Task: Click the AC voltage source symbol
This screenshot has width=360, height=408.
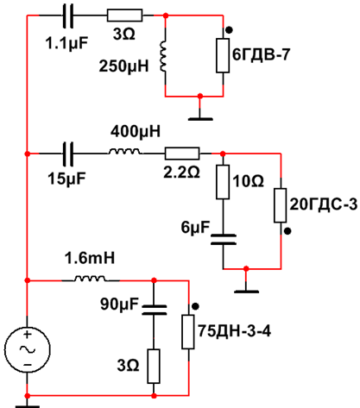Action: click(x=28, y=349)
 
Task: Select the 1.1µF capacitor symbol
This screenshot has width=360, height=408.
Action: click(x=68, y=16)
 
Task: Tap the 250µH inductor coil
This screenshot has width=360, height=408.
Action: click(x=163, y=56)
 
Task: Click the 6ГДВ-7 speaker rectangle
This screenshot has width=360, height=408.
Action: click(x=223, y=55)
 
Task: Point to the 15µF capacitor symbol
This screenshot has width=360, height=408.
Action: click(x=68, y=154)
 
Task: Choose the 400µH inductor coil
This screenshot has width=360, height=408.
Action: click(x=124, y=152)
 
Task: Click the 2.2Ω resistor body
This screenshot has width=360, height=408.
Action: click(x=182, y=154)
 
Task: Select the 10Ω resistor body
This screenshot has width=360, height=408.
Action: click(x=223, y=182)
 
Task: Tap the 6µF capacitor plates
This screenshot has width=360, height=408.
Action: click(x=224, y=240)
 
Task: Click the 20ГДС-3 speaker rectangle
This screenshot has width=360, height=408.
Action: click(x=281, y=205)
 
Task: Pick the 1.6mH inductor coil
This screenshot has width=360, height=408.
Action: click(x=90, y=278)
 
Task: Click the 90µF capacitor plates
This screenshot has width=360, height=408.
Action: click(x=155, y=310)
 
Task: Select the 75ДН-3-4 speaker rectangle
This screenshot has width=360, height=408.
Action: click(x=188, y=332)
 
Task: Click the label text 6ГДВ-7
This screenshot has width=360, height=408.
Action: click(x=261, y=54)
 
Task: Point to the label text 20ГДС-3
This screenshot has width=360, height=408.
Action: click(x=324, y=204)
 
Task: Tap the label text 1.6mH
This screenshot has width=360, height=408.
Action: click(x=90, y=258)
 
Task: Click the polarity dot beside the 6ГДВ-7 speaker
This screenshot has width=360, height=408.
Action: click(x=229, y=30)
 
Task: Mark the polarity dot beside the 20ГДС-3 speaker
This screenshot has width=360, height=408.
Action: click(x=287, y=231)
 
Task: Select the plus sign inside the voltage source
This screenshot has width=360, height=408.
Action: click(x=28, y=335)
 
